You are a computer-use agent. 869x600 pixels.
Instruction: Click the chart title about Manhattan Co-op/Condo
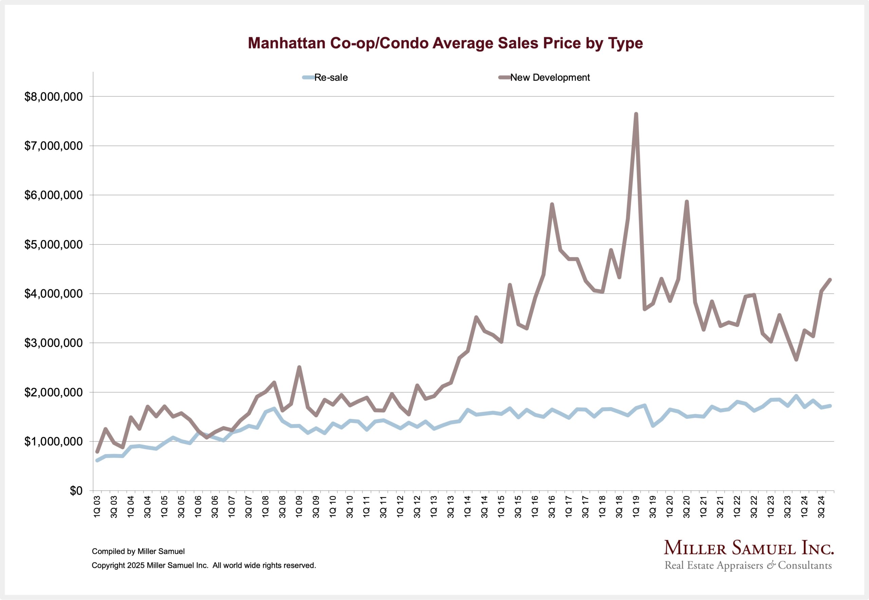point(445,43)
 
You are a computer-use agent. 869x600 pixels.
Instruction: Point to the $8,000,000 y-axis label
point(53,97)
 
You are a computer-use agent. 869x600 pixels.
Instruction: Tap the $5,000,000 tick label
point(53,245)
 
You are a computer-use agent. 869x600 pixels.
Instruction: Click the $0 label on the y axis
point(76,491)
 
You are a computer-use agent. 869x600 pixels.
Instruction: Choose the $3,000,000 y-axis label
point(53,343)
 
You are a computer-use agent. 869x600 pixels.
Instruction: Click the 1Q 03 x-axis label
point(97,507)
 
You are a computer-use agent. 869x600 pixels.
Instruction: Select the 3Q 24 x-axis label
point(821,507)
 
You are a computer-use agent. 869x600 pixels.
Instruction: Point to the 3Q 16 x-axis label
point(552,507)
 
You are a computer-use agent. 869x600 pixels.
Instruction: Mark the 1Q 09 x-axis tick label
point(299,507)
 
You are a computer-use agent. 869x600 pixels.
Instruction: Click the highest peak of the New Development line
point(636,114)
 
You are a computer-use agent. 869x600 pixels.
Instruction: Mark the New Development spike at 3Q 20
point(687,202)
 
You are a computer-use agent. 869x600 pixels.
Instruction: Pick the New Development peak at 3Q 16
point(552,205)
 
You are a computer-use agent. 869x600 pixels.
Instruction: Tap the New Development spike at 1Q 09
point(299,367)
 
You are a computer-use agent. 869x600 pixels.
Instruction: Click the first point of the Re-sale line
point(97,460)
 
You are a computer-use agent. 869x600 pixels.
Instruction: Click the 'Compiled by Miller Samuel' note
point(138,551)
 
